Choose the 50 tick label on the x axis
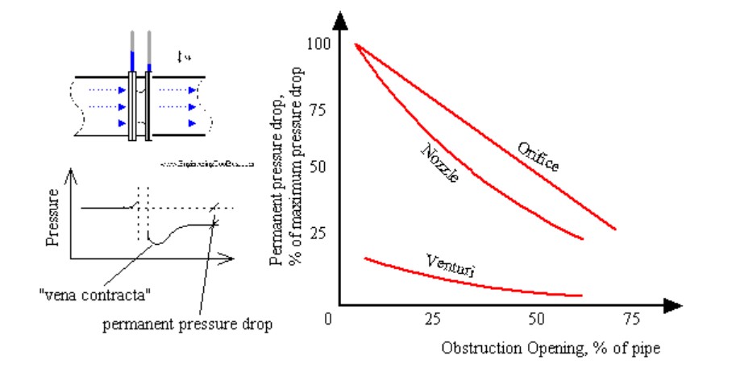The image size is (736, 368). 536,319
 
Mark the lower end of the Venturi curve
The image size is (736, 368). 580,296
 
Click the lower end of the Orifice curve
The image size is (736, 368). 615,229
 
